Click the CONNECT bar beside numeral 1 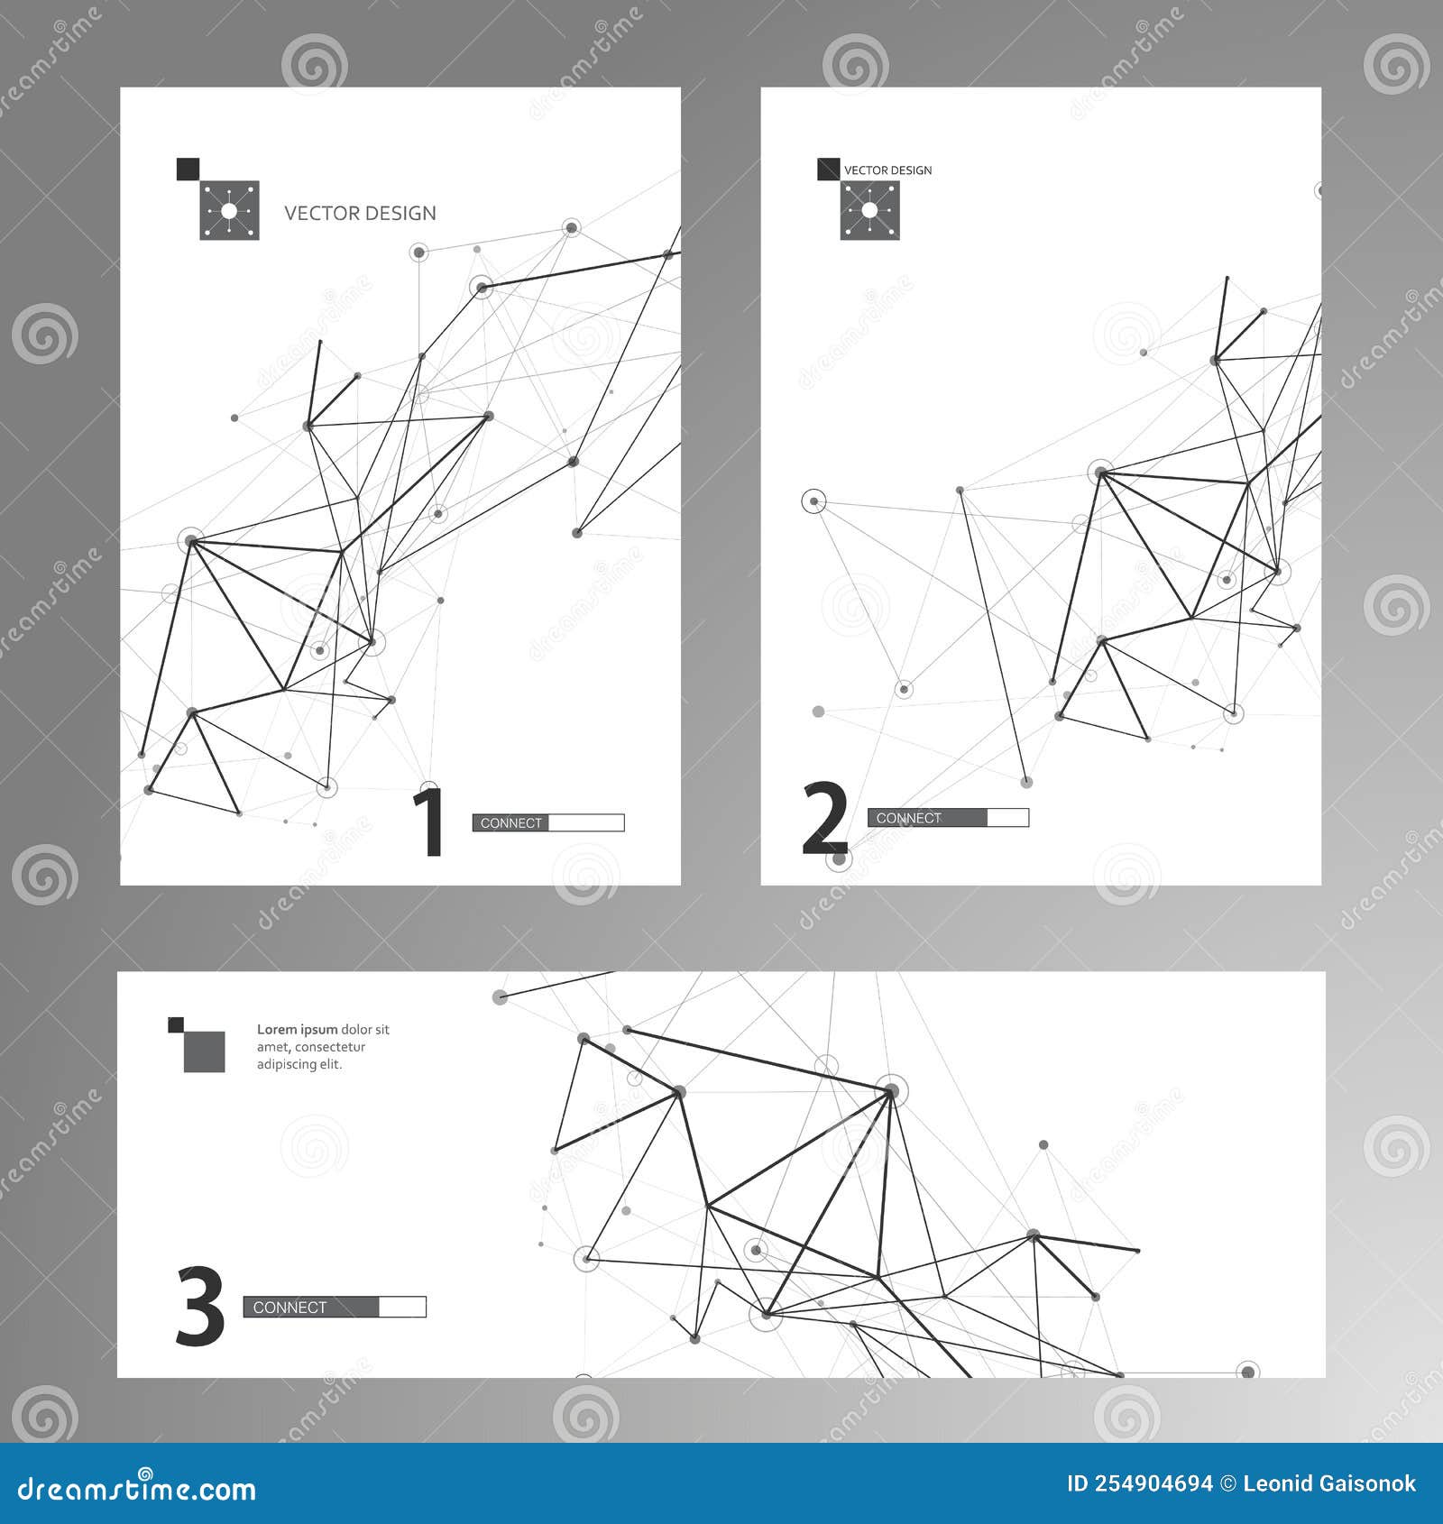[x=547, y=822]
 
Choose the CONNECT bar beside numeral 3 [x=334, y=1307]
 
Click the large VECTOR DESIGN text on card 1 [x=360, y=214]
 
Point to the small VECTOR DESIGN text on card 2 [x=887, y=170]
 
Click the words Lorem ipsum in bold [x=297, y=1029]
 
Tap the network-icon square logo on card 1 [x=229, y=211]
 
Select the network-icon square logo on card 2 [x=869, y=211]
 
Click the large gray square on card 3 [x=205, y=1051]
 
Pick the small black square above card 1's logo [x=188, y=169]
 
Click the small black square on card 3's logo [x=176, y=1024]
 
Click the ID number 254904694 [x=1153, y=1483]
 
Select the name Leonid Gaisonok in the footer [x=1328, y=1483]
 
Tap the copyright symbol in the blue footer [x=1227, y=1483]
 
